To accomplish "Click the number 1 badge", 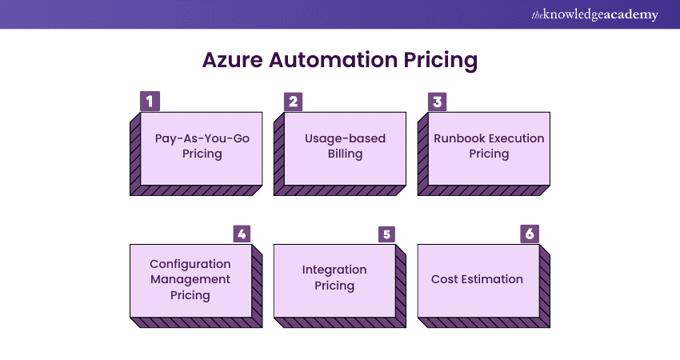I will point(150,102).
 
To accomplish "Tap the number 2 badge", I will point(294,102).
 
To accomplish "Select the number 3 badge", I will point(438,102).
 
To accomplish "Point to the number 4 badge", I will point(242,234).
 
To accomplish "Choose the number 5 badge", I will point(386,234).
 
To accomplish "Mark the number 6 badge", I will point(530,234).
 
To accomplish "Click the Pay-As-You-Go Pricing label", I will point(202,146).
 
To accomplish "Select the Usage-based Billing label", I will point(345,146).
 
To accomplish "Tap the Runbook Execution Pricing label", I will point(489,146).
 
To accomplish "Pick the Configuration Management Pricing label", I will point(190,279).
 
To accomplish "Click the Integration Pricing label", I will point(334,278).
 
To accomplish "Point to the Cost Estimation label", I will point(477,279).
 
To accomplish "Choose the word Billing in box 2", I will point(345,154).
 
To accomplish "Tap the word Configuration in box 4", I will point(190,264).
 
